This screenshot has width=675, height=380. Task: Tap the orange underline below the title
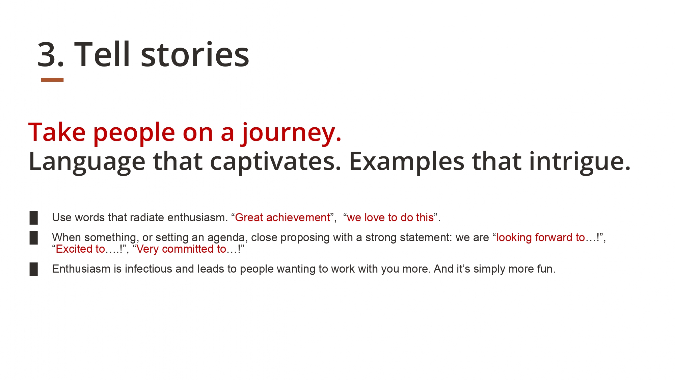point(52,80)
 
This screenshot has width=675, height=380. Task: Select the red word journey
point(291,133)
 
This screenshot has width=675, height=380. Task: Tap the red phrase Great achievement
point(282,218)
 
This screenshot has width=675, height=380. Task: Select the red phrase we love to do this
point(390,218)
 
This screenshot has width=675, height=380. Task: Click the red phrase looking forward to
point(541,237)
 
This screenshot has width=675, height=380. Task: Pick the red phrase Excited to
point(80,249)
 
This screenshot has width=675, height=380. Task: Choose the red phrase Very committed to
point(181,249)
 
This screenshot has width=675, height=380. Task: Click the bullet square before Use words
point(34,218)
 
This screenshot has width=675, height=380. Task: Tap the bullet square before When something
point(34,238)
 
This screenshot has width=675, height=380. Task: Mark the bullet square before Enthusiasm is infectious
point(34,269)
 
